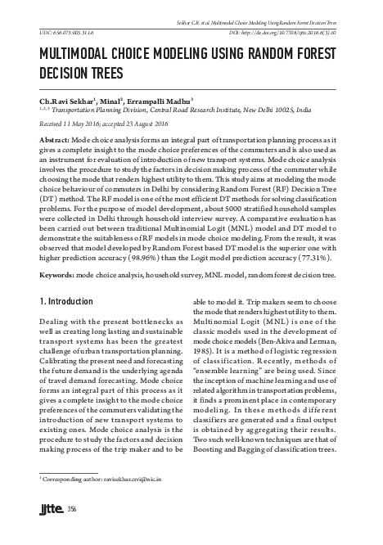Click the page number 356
[72, 512]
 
